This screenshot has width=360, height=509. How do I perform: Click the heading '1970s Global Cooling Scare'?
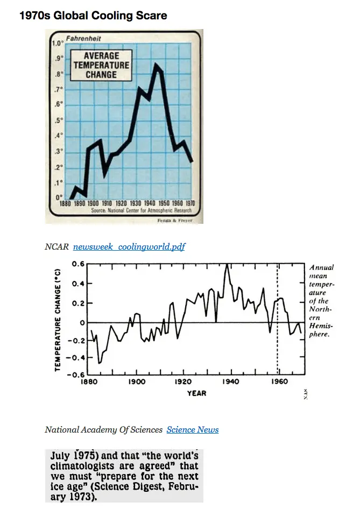(x=93, y=16)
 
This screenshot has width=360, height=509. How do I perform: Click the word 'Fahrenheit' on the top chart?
(x=83, y=39)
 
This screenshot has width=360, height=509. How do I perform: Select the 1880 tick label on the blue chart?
(x=65, y=204)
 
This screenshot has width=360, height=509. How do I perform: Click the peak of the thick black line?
(x=156, y=65)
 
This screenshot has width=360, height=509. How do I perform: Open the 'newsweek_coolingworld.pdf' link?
(x=129, y=247)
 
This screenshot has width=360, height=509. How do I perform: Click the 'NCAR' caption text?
(x=57, y=247)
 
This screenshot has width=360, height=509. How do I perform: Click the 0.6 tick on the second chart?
(x=78, y=264)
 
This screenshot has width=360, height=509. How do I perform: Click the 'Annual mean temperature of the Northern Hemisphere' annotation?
(x=322, y=300)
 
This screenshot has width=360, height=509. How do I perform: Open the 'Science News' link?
(x=193, y=429)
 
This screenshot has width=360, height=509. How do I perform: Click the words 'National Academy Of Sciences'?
(x=103, y=429)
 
